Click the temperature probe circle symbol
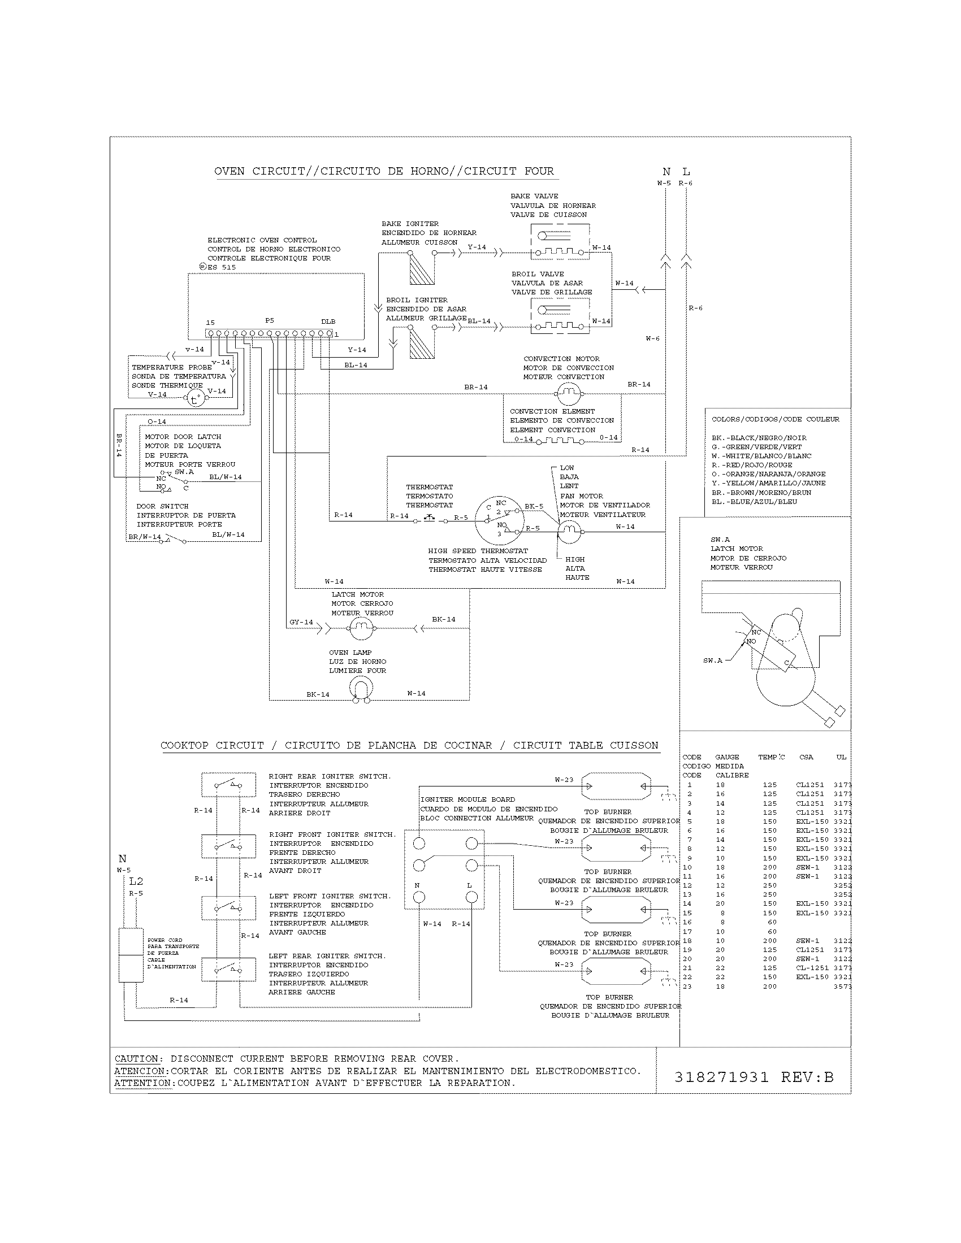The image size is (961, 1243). click(194, 399)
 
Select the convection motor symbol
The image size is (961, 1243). click(567, 391)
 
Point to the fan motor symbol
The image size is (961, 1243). click(568, 531)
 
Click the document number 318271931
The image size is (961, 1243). click(721, 1077)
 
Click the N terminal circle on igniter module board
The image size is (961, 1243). click(419, 898)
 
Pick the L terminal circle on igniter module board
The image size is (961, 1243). click(471, 898)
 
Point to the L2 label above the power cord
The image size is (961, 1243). click(136, 881)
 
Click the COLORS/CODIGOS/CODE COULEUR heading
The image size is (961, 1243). click(775, 419)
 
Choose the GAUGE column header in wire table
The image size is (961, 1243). click(727, 757)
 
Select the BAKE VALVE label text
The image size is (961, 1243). click(534, 197)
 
